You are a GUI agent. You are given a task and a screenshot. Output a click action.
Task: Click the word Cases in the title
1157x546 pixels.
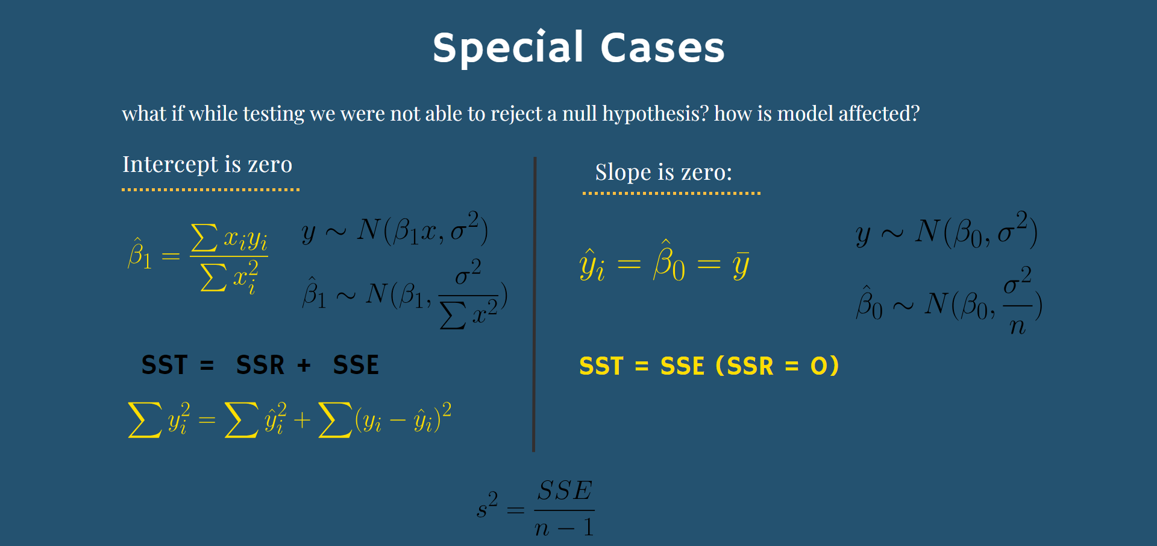(x=662, y=48)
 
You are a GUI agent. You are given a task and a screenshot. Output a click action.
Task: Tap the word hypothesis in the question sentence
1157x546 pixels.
(x=655, y=114)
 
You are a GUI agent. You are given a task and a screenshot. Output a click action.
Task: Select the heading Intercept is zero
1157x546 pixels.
(x=207, y=164)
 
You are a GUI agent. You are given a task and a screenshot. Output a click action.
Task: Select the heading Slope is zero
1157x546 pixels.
(x=663, y=173)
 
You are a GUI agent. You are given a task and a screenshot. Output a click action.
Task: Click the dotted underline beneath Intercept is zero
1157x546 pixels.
(x=210, y=189)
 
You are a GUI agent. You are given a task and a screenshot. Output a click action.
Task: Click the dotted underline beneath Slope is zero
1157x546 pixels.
(x=671, y=193)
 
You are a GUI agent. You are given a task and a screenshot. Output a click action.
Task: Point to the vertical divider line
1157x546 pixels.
(x=534, y=304)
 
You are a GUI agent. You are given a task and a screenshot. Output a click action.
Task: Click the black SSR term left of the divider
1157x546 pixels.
(x=260, y=365)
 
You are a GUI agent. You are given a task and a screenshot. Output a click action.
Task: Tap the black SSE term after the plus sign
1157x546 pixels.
(x=356, y=365)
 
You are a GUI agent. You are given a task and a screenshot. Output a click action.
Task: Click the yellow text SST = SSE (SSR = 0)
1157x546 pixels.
(x=709, y=366)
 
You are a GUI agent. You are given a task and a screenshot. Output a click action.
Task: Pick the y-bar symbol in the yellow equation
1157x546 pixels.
(x=741, y=265)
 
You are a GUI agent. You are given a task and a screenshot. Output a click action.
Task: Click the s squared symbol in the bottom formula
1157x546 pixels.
(x=487, y=506)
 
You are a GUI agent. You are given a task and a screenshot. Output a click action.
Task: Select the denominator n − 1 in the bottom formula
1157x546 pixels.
(x=564, y=528)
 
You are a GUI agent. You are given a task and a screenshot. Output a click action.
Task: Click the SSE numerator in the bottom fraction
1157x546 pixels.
(x=565, y=490)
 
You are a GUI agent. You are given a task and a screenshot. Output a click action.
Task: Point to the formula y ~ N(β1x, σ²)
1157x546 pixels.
(x=395, y=230)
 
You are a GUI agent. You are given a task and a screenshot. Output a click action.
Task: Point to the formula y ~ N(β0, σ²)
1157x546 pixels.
(x=947, y=231)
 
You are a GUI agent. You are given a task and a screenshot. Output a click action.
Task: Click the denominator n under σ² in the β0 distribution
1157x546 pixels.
(x=1017, y=326)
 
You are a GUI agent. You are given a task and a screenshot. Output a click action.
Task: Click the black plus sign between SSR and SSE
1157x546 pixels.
(x=304, y=365)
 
